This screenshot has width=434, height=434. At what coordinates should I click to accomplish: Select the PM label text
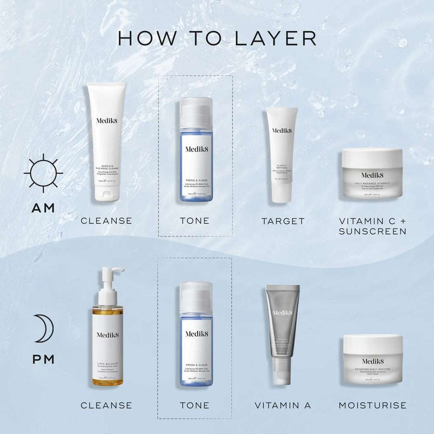pyautogui.click(x=43, y=359)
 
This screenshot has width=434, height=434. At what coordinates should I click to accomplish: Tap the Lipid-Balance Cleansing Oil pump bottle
pyautogui.click(x=106, y=336)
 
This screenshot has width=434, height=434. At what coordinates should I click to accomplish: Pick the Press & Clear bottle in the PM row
pyautogui.click(x=196, y=336)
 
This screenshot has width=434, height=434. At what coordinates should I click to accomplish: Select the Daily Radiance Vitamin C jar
pyautogui.click(x=372, y=174)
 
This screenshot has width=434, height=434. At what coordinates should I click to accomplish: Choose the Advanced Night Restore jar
pyautogui.click(x=372, y=360)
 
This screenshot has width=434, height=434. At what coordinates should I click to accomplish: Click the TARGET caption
pyautogui.click(x=283, y=221)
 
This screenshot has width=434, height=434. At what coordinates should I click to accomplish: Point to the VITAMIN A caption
pyautogui.click(x=283, y=405)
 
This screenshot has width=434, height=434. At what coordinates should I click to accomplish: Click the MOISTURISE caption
pyautogui.click(x=372, y=405)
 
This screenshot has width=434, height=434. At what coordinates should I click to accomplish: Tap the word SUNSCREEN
pyautogui.click(x=372, y=232)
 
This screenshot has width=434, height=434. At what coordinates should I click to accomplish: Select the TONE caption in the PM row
pyautogui.click(x=194, y=405)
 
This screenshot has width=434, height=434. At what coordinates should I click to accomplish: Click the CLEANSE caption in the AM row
pyautogui.click(x=106, y=221)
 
